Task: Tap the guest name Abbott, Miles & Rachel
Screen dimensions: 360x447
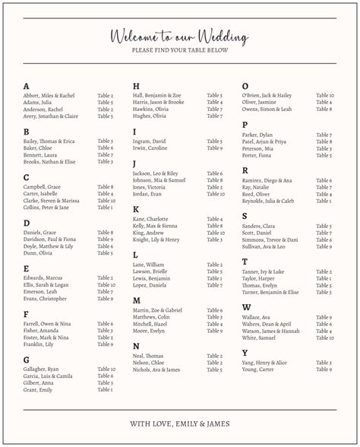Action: point(49,96)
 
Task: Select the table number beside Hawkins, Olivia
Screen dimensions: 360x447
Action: point(214,109)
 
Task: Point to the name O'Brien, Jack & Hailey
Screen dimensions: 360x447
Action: point(267,96)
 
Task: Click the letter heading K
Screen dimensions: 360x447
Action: point(136,209)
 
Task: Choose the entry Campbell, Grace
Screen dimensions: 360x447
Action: point(42,187)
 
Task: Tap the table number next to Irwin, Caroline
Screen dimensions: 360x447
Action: point(214,148)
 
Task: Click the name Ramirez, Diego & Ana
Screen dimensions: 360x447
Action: point(267,180)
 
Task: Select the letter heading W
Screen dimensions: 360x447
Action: point(246,307)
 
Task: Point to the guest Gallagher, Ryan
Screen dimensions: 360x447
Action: point(42,369)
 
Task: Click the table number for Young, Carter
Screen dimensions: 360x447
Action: point(324,369)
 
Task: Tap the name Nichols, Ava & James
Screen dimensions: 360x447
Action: point(156,369)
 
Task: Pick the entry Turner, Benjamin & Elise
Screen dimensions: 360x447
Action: point(270,292)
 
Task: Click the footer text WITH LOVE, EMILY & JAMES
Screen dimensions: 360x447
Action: point(179,423)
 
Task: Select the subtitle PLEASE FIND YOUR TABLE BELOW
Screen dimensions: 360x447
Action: point(179,51)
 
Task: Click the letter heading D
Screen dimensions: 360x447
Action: point(27,223)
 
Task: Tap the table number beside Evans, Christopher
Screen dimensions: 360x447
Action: point(105,299)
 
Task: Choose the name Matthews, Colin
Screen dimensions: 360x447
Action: point(150,317)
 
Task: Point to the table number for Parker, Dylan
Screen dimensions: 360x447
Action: point(324,135)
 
